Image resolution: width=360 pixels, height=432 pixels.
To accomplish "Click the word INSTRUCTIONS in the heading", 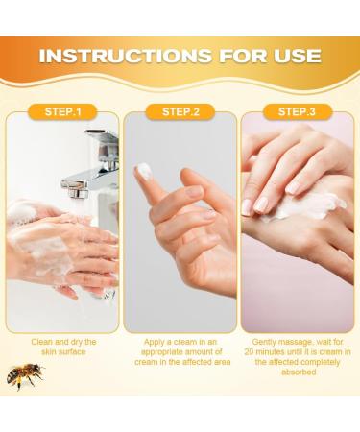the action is [x=125, y=56].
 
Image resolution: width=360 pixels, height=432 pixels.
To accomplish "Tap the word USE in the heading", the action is [x=297, y=56].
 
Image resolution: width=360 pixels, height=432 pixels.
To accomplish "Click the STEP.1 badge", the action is [x=62, y=111].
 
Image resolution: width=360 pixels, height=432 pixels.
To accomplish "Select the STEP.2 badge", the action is [x=180, y=111].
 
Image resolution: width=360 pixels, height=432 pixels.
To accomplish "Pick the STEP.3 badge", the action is [x=298, y=111].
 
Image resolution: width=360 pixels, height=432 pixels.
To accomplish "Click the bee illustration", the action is [x=26, y=376].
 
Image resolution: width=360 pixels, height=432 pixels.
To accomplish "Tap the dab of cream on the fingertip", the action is [x=144, y=171].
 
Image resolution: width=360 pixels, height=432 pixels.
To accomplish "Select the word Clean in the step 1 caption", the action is [x=42, y=342].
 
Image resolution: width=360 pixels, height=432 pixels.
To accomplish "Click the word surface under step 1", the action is [x=73, y=352].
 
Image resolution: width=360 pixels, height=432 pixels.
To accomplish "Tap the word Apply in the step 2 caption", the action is [x=155, y=342].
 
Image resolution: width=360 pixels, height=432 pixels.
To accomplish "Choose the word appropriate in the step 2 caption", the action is [x=160, y=352].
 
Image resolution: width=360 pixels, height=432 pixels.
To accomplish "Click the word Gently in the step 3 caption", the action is [x=264, y=342].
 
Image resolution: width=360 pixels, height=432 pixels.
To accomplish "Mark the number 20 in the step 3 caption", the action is [x=249, y=352].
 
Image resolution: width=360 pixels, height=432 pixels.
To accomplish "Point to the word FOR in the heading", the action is [x=243, y=56].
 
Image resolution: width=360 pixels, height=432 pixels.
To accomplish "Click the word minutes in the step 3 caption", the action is [x=270, y=352].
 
